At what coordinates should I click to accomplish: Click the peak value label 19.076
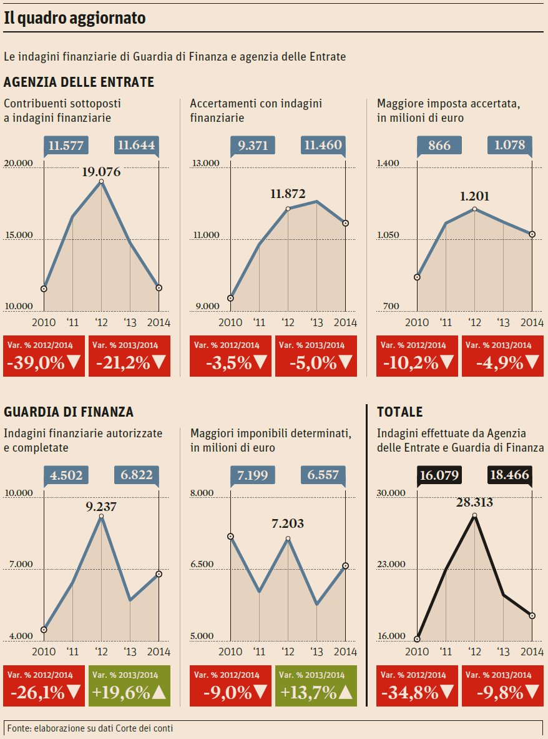101,172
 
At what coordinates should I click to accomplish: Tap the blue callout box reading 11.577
66,146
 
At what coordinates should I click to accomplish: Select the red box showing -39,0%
44,355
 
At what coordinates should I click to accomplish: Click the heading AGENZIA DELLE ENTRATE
79,82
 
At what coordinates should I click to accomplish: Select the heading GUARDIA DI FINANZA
69,412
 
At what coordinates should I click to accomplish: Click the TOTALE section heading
399,412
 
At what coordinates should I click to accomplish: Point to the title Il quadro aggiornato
75,19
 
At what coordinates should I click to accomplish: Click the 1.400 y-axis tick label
388,163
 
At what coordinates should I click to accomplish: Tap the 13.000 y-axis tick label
205,163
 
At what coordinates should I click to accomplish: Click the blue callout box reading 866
439,146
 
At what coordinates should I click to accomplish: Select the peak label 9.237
101,507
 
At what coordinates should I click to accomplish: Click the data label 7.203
288,523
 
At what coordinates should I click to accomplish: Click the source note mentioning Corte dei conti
91,728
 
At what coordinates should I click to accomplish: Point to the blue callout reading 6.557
323,475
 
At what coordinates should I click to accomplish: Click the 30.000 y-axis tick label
391,493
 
